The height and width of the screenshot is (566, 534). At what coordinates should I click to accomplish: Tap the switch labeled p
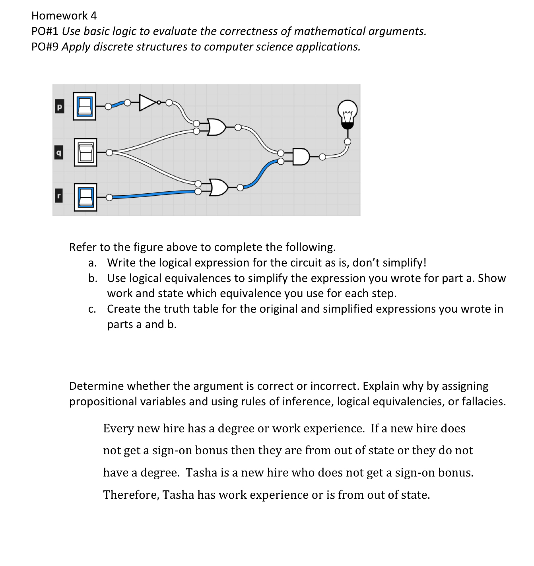click(85, 106)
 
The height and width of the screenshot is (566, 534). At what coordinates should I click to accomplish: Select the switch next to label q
click(85, 152)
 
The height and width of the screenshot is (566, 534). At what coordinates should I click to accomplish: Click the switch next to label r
click(85, 197)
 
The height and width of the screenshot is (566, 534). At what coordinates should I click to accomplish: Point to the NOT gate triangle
click(147, 103)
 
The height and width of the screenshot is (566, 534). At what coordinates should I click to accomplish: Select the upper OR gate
click(216, 127)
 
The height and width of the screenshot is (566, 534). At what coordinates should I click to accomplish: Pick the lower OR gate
click(218, 187)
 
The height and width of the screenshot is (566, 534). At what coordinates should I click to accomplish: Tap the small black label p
click(59, 107)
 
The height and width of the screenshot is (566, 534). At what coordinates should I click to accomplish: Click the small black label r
click(59, 196)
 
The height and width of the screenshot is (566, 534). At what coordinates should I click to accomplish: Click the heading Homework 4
click(64, 16)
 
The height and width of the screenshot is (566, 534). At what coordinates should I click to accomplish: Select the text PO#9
click(45, 47)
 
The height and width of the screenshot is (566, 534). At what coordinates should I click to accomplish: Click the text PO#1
click(45, 31)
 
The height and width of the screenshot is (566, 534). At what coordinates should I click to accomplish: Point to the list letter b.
click(92, 278)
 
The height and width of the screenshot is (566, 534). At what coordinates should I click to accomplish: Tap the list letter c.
click(92, 309)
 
